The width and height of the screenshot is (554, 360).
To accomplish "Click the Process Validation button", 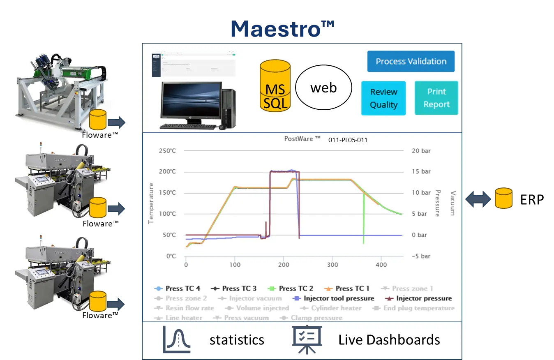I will click(411, 62).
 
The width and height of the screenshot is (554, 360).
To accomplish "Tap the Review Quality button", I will click(383, 98).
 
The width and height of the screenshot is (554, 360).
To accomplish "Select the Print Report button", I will click(436, 98).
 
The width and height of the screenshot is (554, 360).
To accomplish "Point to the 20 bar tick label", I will click(421, 151).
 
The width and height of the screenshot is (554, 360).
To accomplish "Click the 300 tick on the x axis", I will click(332, 265).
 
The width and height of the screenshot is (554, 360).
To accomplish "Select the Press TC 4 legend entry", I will click(178, 288).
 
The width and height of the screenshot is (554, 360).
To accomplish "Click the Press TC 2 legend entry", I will click(291, 288).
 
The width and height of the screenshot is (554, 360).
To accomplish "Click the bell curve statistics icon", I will click(177, 339).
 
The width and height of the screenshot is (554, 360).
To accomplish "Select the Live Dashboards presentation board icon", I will click(307, 339).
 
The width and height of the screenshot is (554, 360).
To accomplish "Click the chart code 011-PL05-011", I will click(348, 140).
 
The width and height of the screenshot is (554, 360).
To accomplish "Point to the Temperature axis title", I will click(151, 203).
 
